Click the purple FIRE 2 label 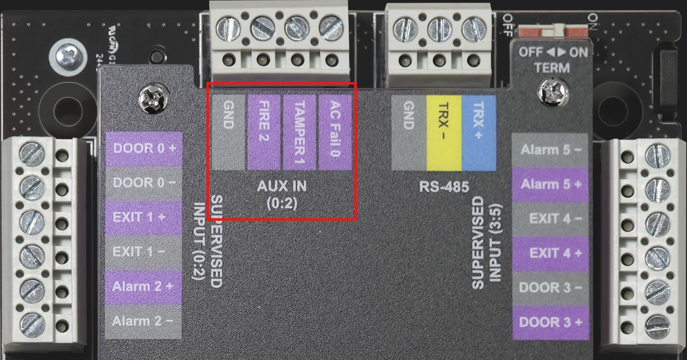click(x=264, y=132)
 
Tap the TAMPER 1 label click(x=300, y=132)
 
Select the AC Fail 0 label click(x=335, y=132)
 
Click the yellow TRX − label click(x=443, y=132)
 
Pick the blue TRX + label click(x=479, y=132)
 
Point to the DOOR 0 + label click(x=144, y=149)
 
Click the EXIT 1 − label click(x=144, y=252)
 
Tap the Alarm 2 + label click(x=144, y=287)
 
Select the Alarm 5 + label click(x=551, y=185)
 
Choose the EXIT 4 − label click(x=551, y=219)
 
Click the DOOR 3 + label click(x=551, y=322)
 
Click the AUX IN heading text click(x=282, y=186)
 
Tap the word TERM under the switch click(x=552, y=68)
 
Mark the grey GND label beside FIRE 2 click(x=228, y=132)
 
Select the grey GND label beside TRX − click(x=408, y=132)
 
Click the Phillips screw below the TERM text click(x=552, y=92)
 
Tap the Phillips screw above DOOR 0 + click(x=152, y=98)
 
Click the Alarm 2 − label click(x=144, y=321)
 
